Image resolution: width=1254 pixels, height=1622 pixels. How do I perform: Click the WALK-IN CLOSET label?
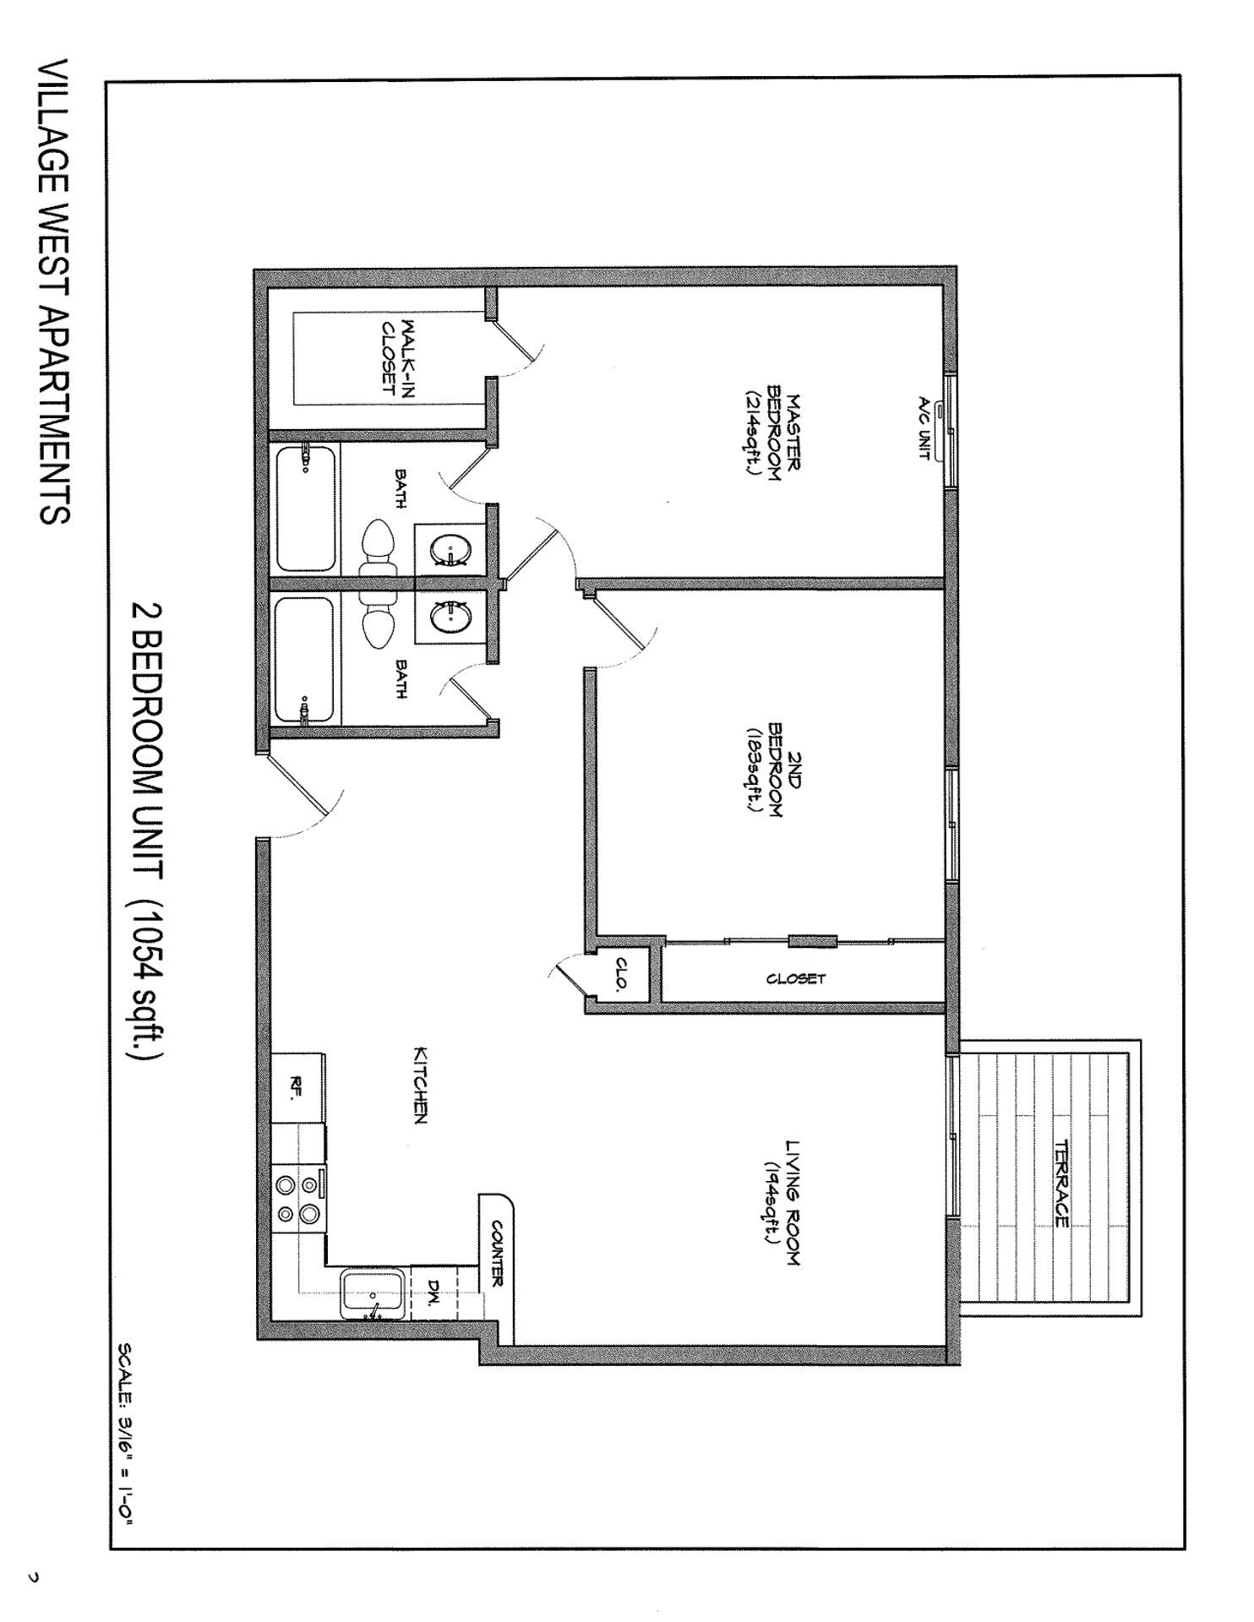[x=398, y=357]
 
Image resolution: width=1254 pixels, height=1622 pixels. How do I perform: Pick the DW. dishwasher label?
[x=432, y=1290]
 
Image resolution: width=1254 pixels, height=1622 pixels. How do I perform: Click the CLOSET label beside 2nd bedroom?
[x=796, y=979]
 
